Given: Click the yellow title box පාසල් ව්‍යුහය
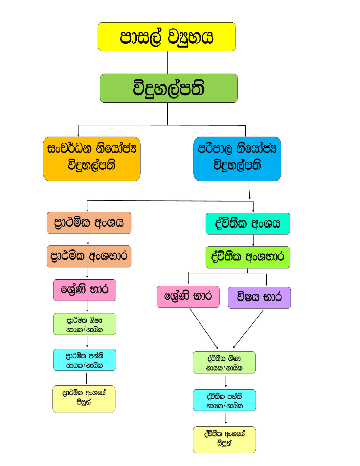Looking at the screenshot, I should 167,37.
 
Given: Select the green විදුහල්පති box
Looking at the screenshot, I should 169,88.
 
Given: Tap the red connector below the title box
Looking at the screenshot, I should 168,62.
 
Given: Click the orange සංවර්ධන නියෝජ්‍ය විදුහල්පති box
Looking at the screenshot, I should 92,159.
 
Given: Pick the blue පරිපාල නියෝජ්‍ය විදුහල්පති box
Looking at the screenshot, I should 237,159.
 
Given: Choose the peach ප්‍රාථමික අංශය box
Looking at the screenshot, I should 89,223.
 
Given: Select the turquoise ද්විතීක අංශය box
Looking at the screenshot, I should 248,223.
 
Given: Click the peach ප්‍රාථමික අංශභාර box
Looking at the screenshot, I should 89,256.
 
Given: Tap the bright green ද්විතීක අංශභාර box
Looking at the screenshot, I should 248,257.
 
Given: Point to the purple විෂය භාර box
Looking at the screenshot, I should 259,298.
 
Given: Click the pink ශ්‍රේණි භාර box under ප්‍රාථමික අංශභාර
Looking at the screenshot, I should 84,290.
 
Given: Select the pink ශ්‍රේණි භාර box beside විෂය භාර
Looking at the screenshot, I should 188,297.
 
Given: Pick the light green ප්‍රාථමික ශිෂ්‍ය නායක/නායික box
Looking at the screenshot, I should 84,324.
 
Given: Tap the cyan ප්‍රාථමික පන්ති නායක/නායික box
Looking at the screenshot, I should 84,360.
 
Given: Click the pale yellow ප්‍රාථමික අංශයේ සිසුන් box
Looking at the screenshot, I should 84,399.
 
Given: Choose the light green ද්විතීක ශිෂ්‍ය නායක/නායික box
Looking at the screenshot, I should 224,363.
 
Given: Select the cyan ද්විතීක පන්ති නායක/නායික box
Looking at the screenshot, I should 224,400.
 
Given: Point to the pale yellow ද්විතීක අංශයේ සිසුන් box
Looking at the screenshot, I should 224,439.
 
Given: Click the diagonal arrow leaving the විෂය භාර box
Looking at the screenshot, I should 248,329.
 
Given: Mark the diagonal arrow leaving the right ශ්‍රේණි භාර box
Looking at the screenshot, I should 204,328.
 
